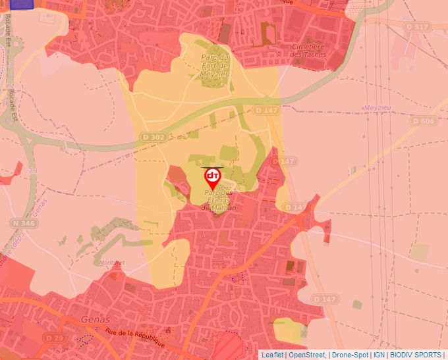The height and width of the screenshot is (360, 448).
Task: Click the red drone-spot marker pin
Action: coord(213,178)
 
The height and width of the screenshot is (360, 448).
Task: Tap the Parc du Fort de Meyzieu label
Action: coord(214,66)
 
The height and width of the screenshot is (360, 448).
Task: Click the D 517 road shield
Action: coord(417,27)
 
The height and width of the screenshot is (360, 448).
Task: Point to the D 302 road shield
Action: coord(154,137)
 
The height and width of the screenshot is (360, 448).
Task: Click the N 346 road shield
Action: coord(23,224)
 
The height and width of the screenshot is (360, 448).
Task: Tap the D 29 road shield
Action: coord(55,338)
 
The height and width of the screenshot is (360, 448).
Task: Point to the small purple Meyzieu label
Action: coord(376,107)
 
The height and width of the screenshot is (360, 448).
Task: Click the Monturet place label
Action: coord(110,262)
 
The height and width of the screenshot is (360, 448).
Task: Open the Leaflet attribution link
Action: coord(272,355)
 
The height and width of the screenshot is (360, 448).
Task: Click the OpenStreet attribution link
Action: coord(307,355)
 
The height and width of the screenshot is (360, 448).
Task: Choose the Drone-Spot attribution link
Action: coord(350,355)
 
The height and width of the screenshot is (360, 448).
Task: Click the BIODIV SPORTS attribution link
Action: coord(416,355)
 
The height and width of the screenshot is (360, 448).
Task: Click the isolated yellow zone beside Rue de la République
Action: coord(289,330)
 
